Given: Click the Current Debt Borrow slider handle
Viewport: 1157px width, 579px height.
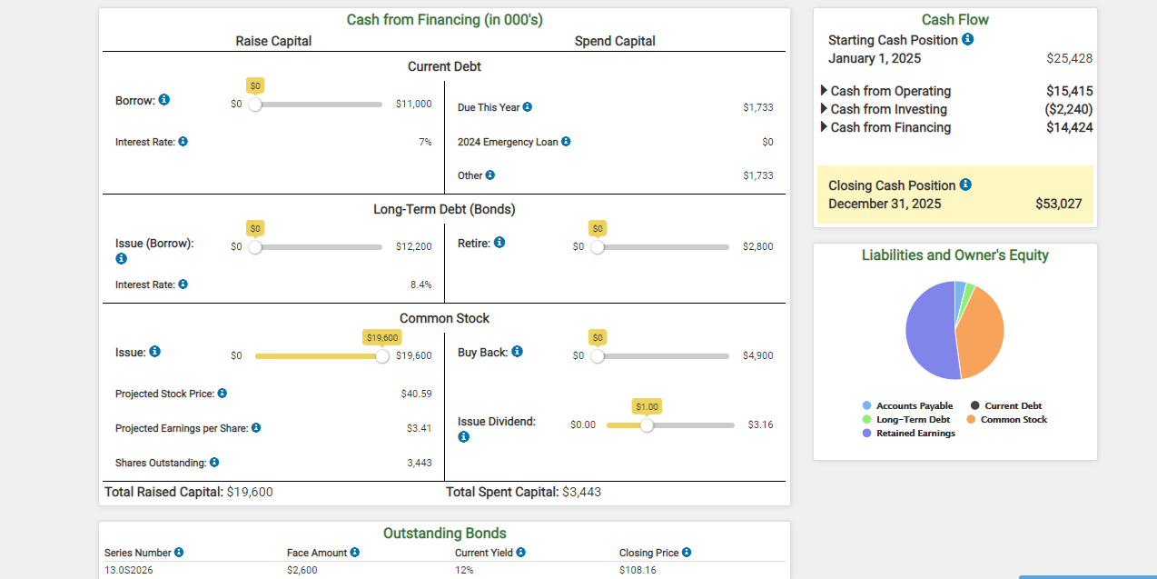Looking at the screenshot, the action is pos(255,105).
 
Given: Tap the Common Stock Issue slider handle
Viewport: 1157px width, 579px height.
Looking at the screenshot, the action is pos(382,356).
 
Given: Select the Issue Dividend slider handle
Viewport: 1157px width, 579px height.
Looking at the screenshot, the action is pos(647,425).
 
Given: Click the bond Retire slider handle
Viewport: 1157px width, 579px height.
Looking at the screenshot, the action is pos(597,247).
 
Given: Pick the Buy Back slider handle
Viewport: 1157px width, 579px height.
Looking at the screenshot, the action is pos(597,356).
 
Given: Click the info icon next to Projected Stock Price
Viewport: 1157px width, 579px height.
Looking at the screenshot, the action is pos(222,394).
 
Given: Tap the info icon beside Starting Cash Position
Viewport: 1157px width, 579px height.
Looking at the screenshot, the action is pos(967,39).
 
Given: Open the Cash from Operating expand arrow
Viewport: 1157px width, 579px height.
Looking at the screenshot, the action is pos(824,91).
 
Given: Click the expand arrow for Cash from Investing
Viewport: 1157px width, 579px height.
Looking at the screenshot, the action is pos(824,108).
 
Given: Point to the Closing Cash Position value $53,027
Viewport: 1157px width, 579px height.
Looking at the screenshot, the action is pos(1058,204).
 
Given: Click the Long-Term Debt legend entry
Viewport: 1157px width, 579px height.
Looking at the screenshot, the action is pos(906,419).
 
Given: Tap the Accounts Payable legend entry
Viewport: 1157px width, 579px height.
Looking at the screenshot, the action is pos(907,405).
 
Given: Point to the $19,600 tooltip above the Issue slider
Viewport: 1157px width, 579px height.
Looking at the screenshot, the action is pos(382,337).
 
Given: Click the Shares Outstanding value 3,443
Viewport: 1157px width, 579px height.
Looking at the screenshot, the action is pos(420,463).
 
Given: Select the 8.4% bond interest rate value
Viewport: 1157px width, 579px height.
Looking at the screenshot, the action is pos(421,285).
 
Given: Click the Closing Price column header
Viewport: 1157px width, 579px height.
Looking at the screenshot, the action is pos(648,553).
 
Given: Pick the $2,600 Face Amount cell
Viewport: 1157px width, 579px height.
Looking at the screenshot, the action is pos(302,570).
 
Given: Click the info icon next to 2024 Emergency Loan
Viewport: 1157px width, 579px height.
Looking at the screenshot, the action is pos(566,141).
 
